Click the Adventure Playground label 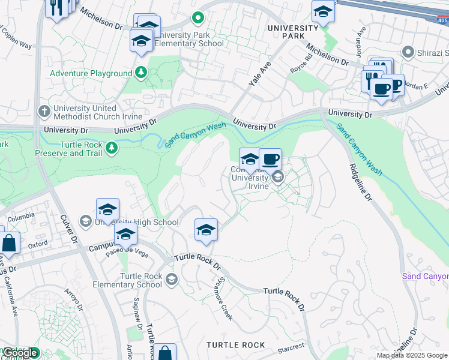[91, 73]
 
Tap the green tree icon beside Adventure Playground [141, 73]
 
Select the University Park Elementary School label [190, 39]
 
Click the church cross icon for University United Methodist [44, 111]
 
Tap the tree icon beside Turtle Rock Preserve [111, 148]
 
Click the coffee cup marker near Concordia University [271, 160]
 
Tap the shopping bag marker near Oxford [9, 244]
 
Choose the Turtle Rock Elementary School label [141, 280]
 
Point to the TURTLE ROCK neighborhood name [235, 345]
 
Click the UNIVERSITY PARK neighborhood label [293, 32]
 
